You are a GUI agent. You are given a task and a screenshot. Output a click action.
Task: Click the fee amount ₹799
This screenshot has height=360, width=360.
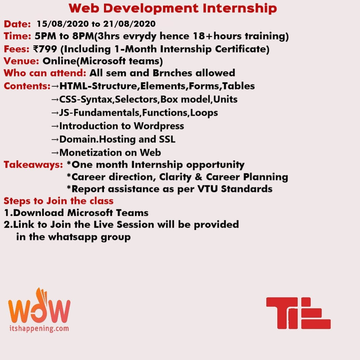45,49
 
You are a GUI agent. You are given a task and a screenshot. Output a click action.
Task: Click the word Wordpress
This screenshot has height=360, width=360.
159,126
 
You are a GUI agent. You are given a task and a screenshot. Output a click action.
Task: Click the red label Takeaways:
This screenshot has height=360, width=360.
33,165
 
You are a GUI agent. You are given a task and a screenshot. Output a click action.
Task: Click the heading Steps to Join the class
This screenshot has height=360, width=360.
59,201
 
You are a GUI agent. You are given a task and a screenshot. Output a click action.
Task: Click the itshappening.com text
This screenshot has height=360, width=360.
39,328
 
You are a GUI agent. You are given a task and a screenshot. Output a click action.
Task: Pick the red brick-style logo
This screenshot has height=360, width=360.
298,313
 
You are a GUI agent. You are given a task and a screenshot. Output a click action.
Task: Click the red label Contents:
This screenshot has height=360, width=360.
27,86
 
